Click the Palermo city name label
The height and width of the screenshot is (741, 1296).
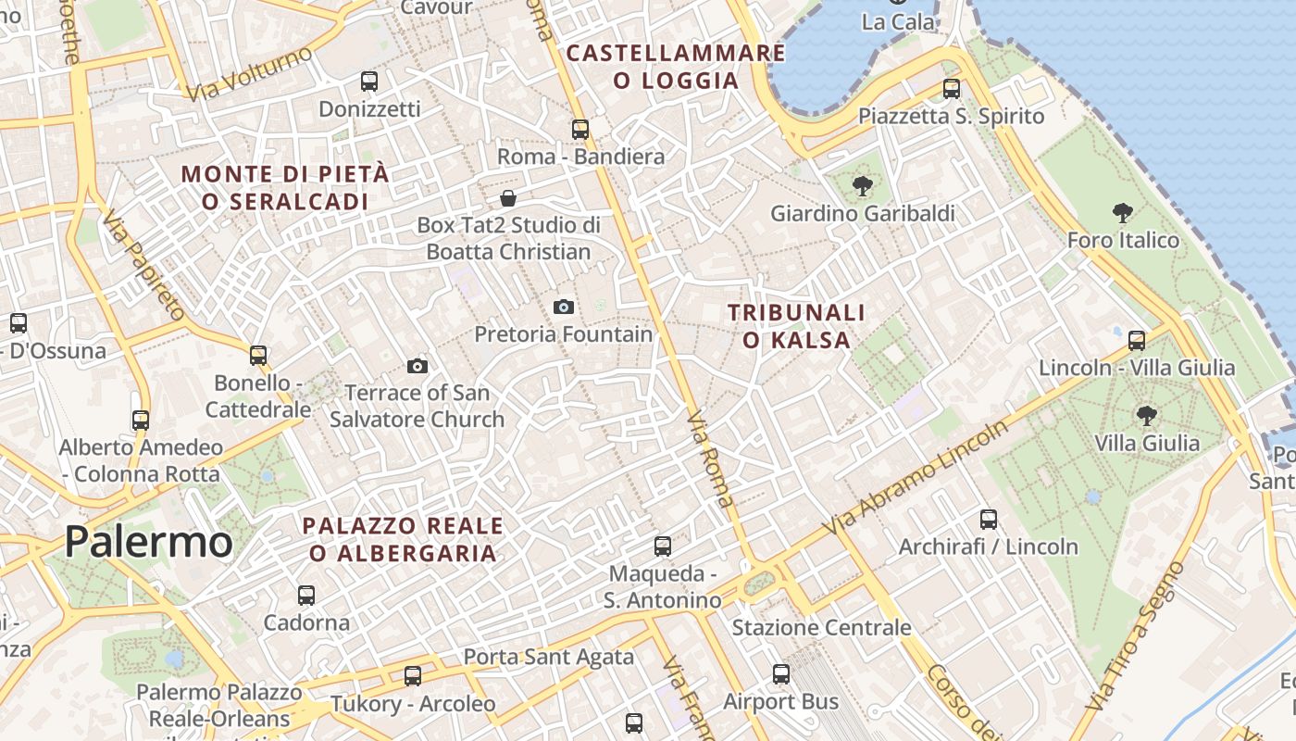148,542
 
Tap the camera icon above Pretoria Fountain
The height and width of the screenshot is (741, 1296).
563,307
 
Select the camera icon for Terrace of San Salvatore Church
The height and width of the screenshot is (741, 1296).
417,366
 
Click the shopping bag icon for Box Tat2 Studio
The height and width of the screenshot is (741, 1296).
508,198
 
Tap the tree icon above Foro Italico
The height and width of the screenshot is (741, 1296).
1123,213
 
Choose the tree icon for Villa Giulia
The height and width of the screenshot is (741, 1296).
1147,415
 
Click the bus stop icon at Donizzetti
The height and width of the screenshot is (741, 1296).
369,82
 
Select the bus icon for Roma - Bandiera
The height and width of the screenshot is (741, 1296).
580,130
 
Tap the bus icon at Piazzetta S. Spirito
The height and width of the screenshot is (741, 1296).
952,89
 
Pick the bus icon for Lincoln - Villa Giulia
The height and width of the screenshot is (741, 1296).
1137,341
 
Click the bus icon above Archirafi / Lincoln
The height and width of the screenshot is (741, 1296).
989,520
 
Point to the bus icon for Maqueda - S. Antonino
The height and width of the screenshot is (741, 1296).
663,546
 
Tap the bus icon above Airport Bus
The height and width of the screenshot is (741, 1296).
781,674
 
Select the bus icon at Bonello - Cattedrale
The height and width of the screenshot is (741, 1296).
258,356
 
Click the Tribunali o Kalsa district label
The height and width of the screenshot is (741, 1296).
796,326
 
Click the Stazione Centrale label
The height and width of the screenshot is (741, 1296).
822,628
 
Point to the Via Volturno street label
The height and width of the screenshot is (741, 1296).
249,73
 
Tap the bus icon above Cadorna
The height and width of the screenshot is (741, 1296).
306,595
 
